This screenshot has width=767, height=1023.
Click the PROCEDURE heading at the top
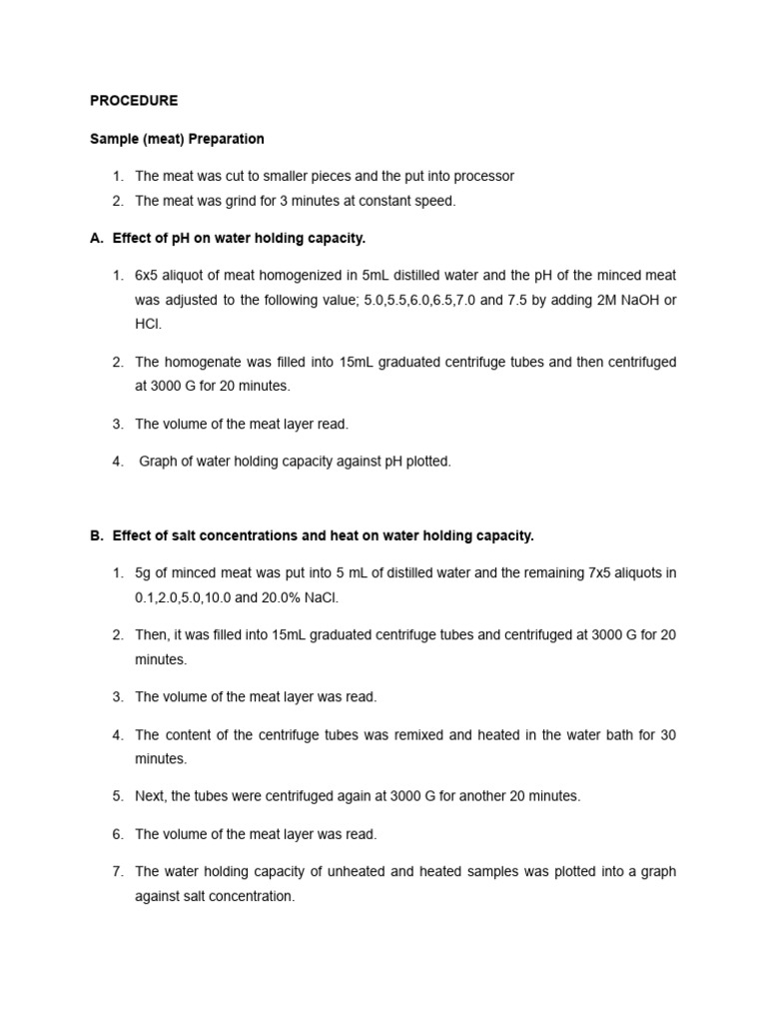[x=134, y=101]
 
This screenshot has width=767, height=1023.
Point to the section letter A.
[x=96, y=238]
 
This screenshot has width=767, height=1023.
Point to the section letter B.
[x=96, y=535]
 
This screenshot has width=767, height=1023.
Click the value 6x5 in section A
[x=149, y=275]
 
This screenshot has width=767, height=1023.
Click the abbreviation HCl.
[x=148, y=325]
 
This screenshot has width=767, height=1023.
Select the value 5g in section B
[x=145, y=572]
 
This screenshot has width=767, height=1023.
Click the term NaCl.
[x=335, y=597]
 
